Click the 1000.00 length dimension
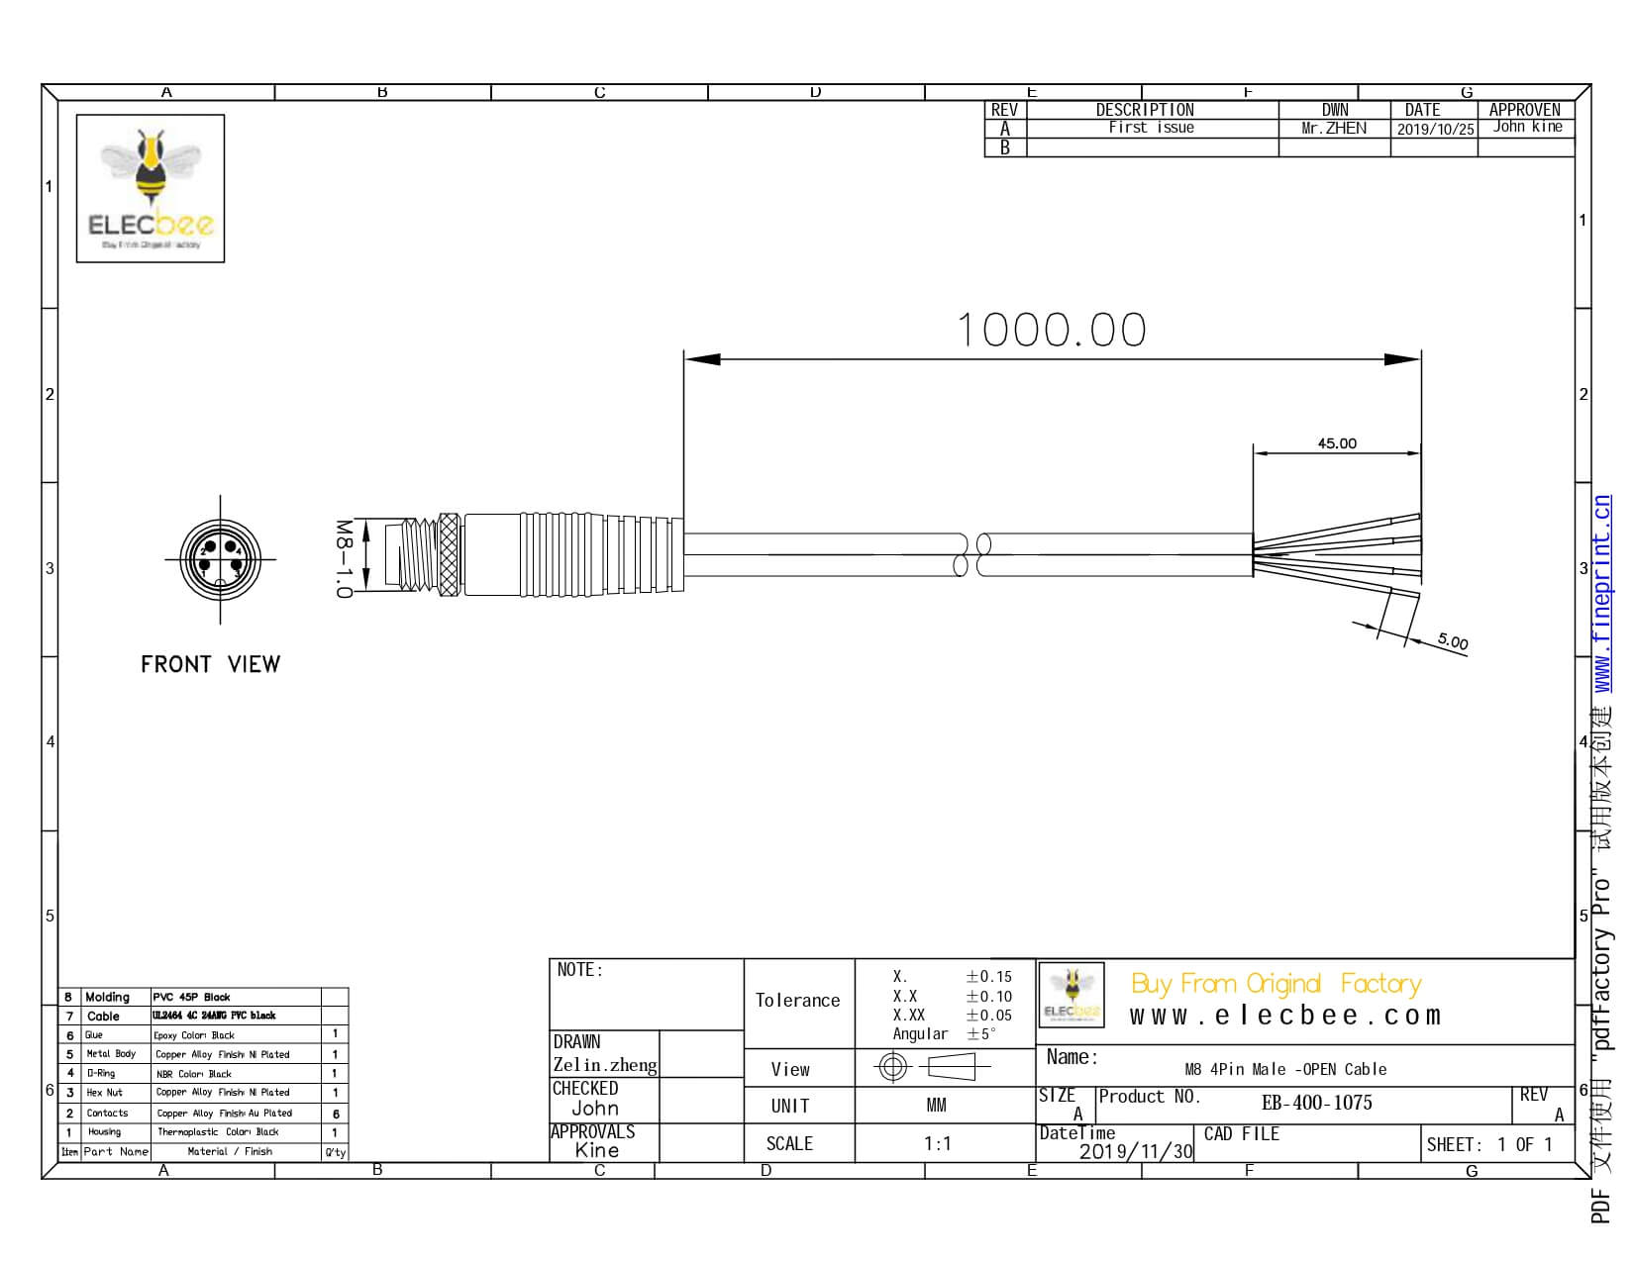pyautogui.click(x=1052, y=330)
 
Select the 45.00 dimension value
pyautogui.click(x=1336, y=443)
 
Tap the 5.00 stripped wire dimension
pyautogui.click(x=1452, y=641)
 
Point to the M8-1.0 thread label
pyautogui.click(x=343, y=558)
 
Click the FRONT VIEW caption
pyautogui.click(x=210, y=664)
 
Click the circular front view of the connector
pyautogui.click(x=220, y=559)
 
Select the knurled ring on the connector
pyautogui.click(x=450, y=555)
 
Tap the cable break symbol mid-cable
pyautogui.click(x=970, y=555)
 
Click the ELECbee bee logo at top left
pyautogui.click(x=151, y=188)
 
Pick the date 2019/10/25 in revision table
pyautogui.click(x=1434, y=129)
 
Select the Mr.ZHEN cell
pyautogui.click(x=1334, y=128)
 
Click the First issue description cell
pyautogui.click(x=1151, y=128)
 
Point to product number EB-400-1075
pyautogui.click(x=1316, y=1103)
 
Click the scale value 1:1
pyautogui.click(x=937, y=1144)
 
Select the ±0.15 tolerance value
pyautogui.click(x=988, y=977)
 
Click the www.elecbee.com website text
pyautogui.click(x=1284, y=1016)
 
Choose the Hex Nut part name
pyautogui.click(x=105, y=1093)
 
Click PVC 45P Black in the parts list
pyautogui.click(x=190, y=997)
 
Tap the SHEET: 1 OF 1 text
pyautogui.click(x=1489, y=1145)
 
